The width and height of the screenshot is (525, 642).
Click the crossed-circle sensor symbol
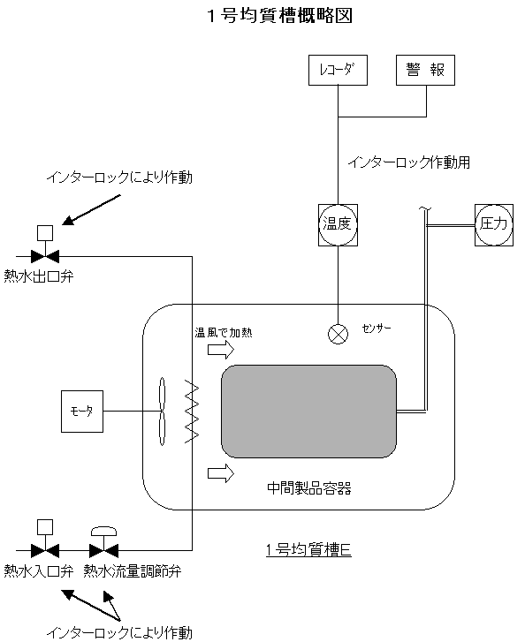339,334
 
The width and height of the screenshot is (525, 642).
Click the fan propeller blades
163,412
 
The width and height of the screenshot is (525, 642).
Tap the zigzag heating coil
192,412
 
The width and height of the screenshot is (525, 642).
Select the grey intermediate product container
308,412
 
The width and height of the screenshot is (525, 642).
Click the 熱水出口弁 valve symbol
45,257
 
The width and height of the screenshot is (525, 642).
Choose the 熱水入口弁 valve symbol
45,550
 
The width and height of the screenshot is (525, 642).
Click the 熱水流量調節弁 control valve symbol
103,550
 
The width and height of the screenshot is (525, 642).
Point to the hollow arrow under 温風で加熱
221,350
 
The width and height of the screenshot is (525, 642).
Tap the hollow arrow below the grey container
221,473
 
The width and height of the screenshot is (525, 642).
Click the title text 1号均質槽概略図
280,16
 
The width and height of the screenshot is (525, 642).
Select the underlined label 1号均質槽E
308,549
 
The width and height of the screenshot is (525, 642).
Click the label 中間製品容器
309,488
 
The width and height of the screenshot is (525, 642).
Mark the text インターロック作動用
409,162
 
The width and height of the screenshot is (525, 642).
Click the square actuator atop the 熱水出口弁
45,233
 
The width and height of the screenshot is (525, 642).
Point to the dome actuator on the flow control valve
103,531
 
